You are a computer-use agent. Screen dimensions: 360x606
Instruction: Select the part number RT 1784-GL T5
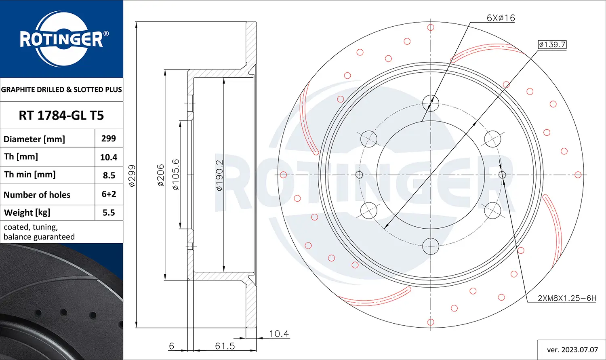[x=61, y=116]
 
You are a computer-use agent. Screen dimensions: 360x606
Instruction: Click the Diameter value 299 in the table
[x=109, y=139]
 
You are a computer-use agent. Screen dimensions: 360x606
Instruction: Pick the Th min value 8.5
[x=109, y=175]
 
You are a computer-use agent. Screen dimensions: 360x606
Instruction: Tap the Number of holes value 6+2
[x=109, y=194]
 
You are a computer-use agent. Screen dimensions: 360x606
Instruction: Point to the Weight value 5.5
[x=109, y=213]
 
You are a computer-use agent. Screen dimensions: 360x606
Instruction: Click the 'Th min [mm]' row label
[x=30, y=175]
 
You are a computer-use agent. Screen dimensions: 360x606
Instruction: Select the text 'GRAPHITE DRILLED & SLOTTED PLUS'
[x=61, y=90]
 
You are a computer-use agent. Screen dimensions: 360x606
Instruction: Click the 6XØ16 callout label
[x=501, y=18]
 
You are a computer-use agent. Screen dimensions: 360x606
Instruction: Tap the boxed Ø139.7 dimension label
[x=552, y=44]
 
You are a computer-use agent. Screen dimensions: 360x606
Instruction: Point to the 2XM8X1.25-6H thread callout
[x=566, y=298]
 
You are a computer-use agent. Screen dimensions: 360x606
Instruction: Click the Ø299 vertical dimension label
[x=132, y=176]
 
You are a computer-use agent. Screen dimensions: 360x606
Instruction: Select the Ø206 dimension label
[x=161, y=175]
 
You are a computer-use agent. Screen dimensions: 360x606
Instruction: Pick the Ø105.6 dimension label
[x=176, y=175]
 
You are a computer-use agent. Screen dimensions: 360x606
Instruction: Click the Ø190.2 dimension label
[x=219, y=175]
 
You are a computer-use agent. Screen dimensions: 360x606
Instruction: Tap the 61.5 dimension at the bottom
[x=225, y=346]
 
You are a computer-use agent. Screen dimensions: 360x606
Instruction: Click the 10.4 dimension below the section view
[x=279, y=334]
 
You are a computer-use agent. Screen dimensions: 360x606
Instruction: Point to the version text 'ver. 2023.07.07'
[x=572, y=349]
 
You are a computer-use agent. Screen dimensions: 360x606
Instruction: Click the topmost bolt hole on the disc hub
[x=431, y=103]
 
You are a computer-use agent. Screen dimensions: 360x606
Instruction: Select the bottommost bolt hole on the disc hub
[x=431, y=246]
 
